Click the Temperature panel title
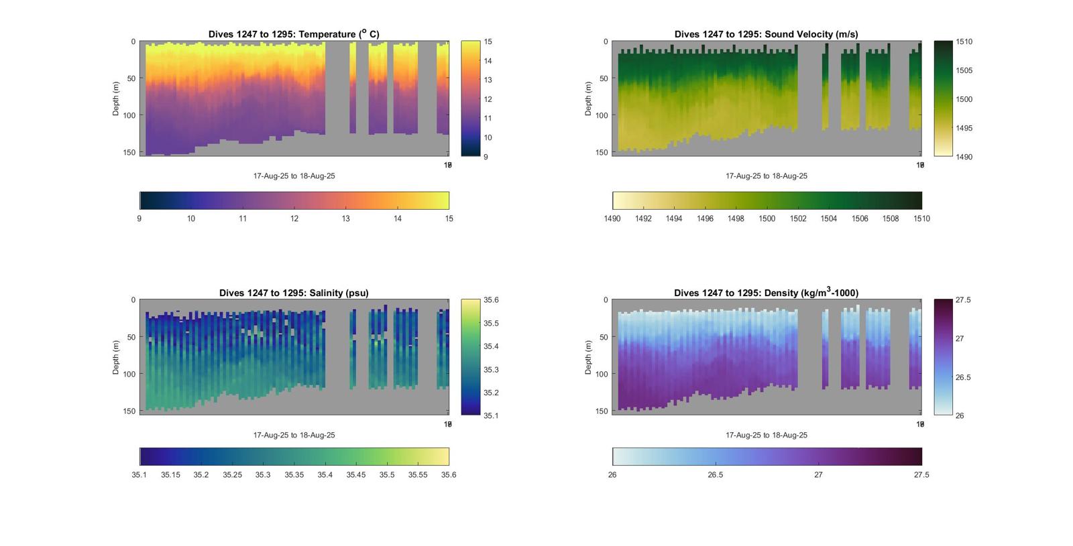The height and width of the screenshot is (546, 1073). point(294,34)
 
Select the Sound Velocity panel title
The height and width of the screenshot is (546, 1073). point(766,34)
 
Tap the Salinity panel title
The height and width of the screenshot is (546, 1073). point(294,293)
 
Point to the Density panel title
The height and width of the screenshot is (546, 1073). point(766,293)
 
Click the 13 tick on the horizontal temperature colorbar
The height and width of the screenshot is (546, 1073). point(346,218)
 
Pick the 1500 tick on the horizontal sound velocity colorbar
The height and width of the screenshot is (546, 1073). point(767,218)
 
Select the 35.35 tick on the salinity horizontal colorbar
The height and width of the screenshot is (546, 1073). point(294,475)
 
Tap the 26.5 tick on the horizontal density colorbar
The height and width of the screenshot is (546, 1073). point(716,475)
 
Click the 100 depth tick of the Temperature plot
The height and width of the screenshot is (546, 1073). point(130,115)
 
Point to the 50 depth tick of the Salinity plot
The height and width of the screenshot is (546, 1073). point(132,337)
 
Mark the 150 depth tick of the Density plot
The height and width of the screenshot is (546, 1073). point(602,411)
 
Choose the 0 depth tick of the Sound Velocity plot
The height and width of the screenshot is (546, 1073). point(606,42)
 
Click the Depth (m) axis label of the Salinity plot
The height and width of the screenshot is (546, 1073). point(116,357)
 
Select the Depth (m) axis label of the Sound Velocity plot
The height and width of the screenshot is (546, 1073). point(588,98)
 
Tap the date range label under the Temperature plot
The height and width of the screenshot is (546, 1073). point(294,176)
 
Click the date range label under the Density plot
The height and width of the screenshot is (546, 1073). point(766,435)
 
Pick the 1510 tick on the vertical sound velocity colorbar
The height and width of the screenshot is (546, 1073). point(964,42)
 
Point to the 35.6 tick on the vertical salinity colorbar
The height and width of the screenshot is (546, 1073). point(491,300)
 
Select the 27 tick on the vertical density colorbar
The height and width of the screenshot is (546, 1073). point(959,339)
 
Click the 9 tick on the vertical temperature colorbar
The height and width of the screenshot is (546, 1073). point(486,157)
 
